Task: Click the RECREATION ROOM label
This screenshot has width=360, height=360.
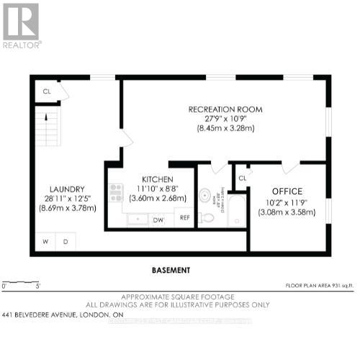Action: (225, 109)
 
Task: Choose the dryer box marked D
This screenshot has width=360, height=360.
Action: (65, 240)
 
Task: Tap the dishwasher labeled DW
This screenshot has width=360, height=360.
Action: (158, 220)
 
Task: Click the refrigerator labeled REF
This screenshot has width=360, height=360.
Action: (184, 217)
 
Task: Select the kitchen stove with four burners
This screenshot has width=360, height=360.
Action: (116, 193)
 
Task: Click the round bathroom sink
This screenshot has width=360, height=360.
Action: (205, 194)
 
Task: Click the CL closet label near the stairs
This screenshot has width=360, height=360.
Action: (47, 91)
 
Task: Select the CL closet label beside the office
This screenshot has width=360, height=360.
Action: (242, 177)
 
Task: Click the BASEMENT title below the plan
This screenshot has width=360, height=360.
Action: (171, 270)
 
